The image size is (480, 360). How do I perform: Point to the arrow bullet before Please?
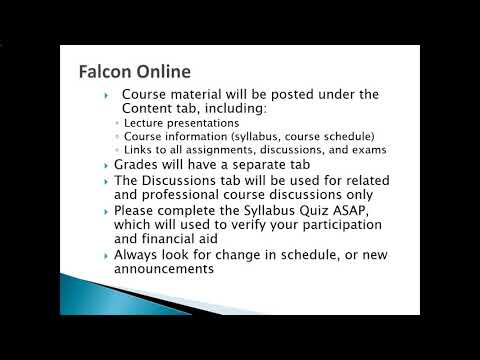click(106, 212)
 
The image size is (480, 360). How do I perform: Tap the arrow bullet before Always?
click(106, 256)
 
